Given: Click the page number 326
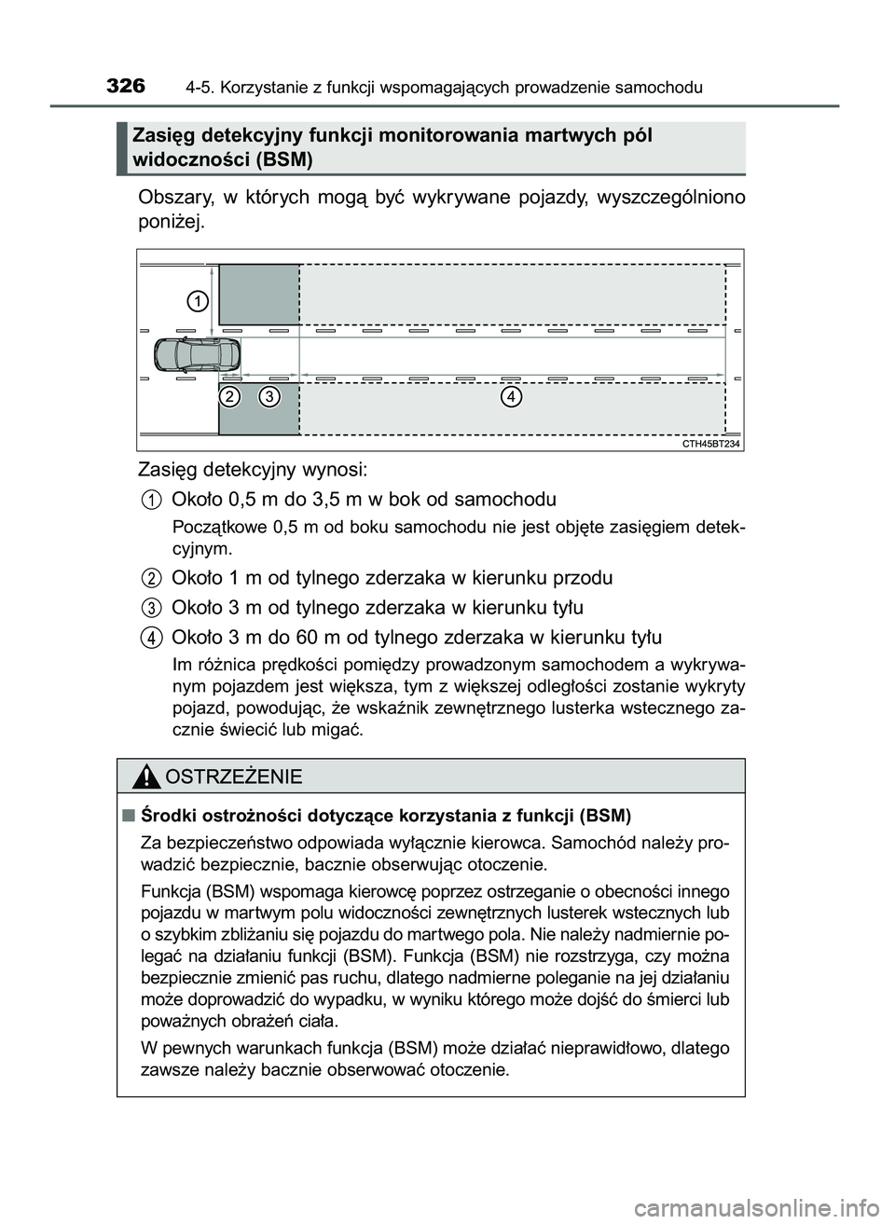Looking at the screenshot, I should pos(126,87).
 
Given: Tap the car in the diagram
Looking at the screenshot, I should pos(197,354).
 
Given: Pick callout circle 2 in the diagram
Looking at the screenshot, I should pos(231,397).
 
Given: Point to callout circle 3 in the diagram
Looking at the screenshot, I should pos(269,397).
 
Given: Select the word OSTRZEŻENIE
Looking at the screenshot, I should pos(232,777).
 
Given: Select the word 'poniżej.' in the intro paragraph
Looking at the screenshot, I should pos(169,224).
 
